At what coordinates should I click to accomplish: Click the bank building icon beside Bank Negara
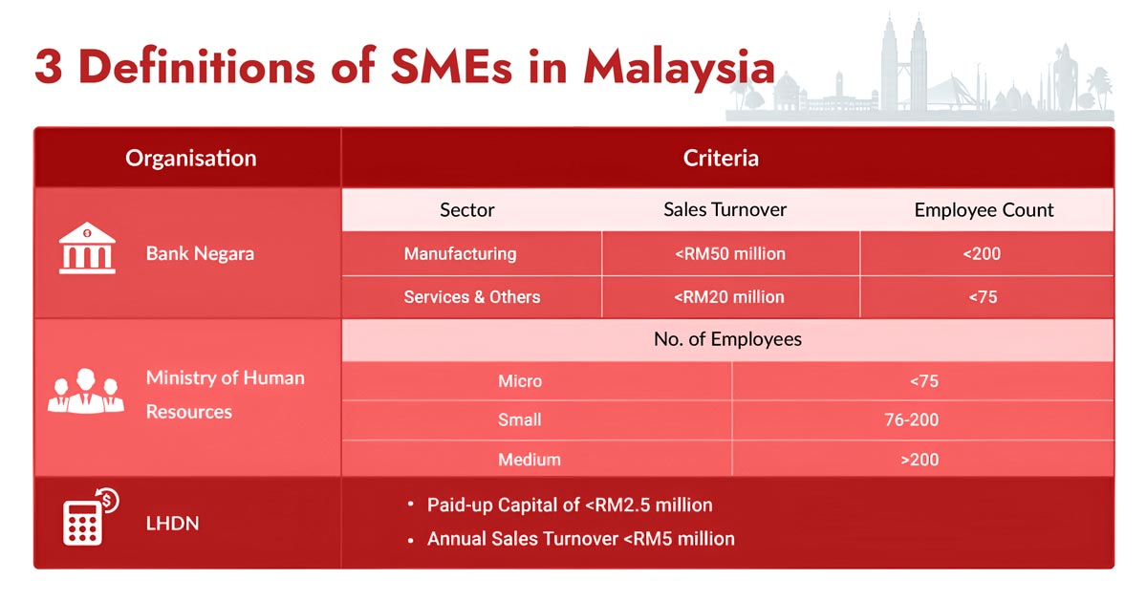click(x=87, y=249)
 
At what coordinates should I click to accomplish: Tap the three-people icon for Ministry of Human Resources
click(x=86, y=391)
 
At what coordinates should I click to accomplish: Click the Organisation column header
click(x=191, y=158)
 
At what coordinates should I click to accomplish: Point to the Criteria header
click(x=721, y=158)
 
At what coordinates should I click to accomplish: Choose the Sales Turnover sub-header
click(x=725, y=209)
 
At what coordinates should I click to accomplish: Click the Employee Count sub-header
click(x=984, y=210)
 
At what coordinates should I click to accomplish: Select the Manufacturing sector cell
click(x=460, y=254)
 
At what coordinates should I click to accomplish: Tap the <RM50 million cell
click(x=729, y=254)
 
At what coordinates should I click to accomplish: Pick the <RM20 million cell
click(x=729, y=297)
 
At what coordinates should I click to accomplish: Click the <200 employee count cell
click(x=983, y=254)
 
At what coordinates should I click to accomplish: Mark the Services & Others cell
click(x=472, y=297)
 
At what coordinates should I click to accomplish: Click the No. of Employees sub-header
click(x=727, y=339)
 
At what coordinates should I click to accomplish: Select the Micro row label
click(x=520, y=381)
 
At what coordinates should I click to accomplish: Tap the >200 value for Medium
click(x=920, y=460)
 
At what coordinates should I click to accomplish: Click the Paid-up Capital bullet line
click(x=570, y=505)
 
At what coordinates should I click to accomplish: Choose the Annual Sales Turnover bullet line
click(x=580, y=539)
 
